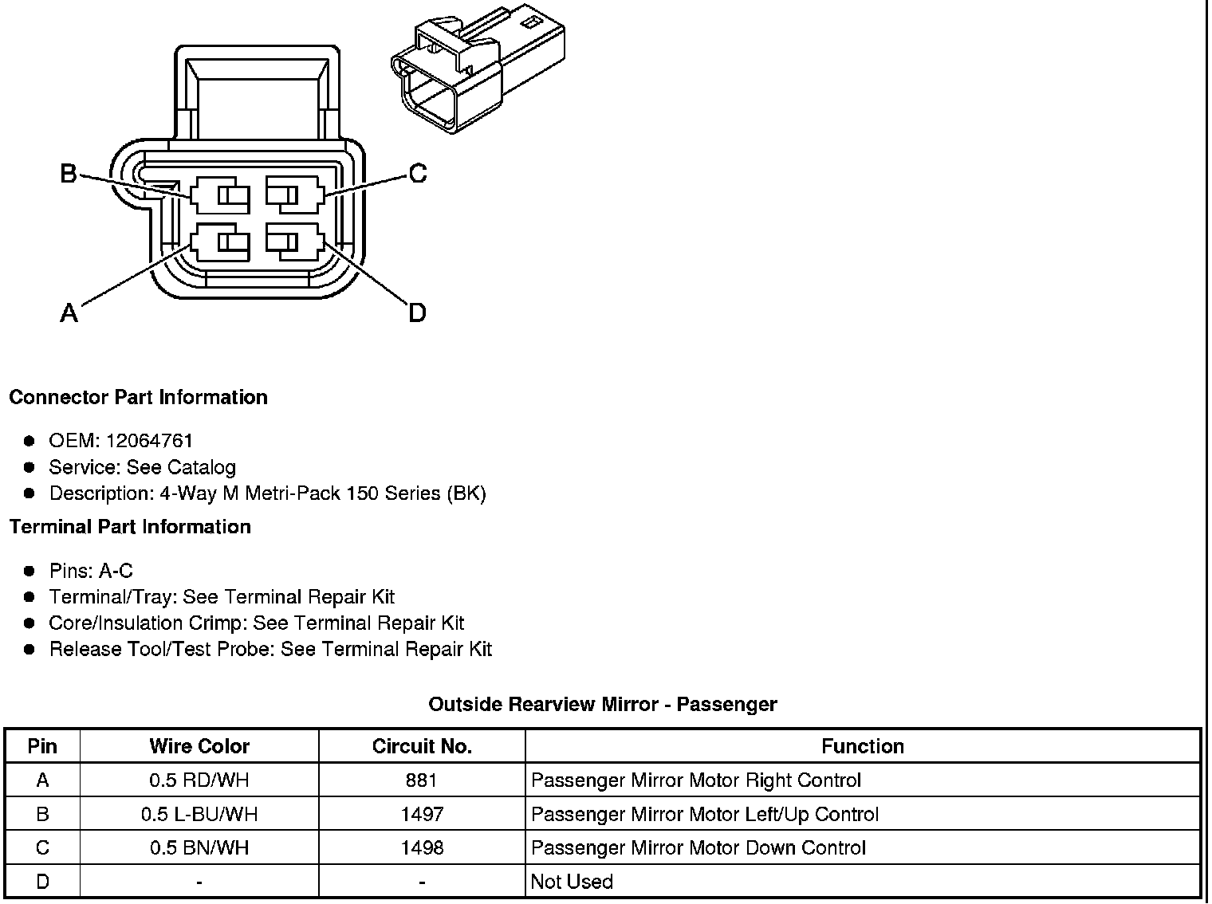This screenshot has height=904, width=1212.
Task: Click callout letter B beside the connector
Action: click(69, 173)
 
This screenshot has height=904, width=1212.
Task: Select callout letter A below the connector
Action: click(69, 312)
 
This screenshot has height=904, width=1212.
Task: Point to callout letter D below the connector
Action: click(417, 312)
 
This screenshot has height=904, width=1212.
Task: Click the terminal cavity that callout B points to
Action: click(220, 195)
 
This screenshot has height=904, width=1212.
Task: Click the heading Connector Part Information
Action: click(138, 397)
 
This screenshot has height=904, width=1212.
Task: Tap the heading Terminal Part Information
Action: click(130, 527)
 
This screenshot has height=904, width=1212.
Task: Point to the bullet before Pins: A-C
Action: click(30, 571)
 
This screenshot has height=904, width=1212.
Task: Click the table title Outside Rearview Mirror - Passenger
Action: click(603, 704)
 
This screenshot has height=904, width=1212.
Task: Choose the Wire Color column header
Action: click(199, 746)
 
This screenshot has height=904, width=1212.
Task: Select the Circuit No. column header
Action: click(422, 746)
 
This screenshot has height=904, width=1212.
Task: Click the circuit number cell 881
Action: click(422, 780)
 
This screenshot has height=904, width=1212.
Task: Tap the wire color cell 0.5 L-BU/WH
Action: click(199, 814)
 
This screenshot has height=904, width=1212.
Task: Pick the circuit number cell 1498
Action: click(422, 847)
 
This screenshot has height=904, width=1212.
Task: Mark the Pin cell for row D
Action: click(42, 882)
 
